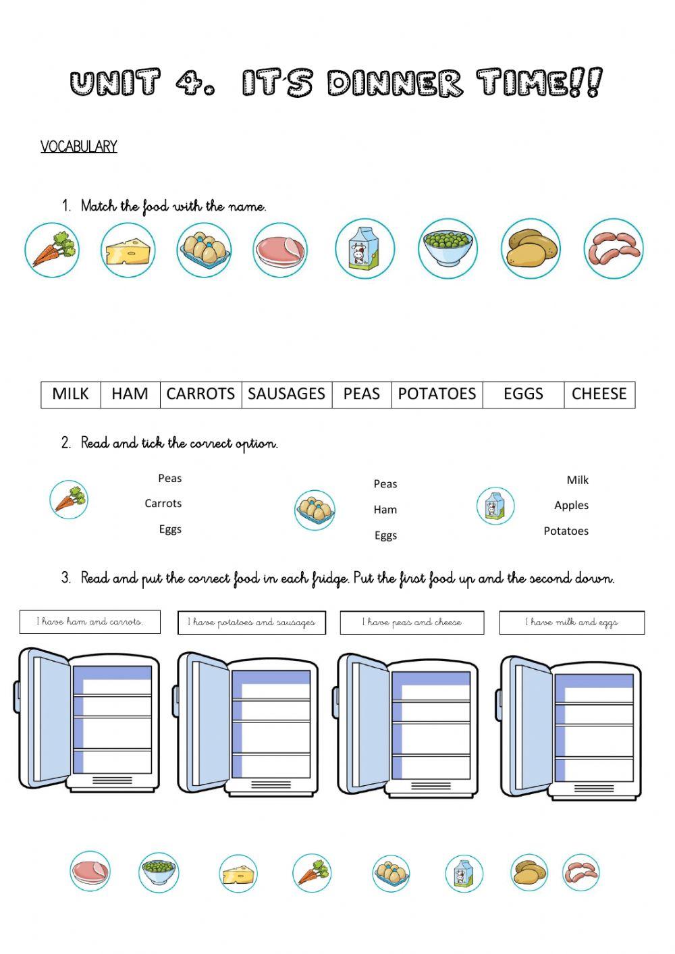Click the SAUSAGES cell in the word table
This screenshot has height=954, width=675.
286,394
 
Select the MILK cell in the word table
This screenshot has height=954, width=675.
70,394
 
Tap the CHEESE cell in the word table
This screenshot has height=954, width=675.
599,394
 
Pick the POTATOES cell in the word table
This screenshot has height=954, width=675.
437,394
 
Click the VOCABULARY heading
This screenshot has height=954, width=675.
78,147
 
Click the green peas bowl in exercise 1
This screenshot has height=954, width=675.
447,248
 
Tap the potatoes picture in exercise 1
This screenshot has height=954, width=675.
531,248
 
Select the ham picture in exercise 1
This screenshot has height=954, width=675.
280,250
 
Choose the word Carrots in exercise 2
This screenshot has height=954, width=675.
163,504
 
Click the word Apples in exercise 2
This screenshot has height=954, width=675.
571,506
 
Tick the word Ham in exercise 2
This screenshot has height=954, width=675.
385,510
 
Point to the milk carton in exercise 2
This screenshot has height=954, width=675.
495,506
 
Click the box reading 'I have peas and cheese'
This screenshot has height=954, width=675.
412,622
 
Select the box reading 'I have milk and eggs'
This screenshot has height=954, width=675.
572,622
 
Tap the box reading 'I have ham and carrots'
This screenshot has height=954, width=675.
90,622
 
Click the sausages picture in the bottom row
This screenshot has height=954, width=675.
580,872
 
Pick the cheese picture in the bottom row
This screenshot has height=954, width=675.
238,873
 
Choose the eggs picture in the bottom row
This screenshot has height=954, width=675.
391,873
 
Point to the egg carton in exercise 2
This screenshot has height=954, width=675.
315,510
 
